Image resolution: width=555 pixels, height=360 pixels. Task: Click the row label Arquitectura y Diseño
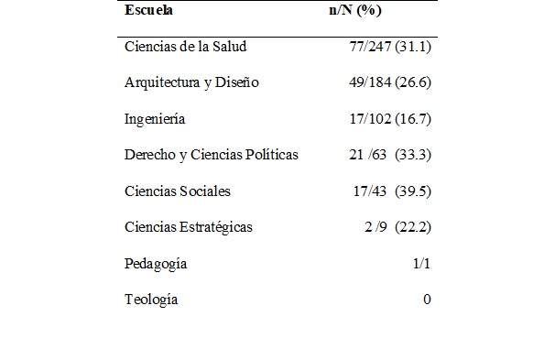(x=191, y=82)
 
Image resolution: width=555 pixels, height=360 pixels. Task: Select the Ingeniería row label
(x=156, y=118)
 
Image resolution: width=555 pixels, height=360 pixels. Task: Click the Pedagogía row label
(x=156, y=264)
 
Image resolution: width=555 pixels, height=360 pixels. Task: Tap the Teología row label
(x=151, y=300)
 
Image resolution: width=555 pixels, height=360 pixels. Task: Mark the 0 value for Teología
(x=427, y=300)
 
